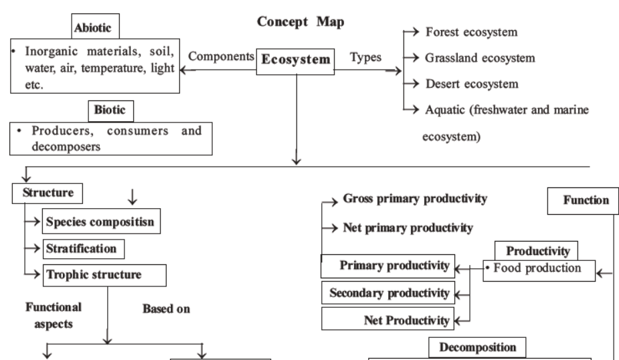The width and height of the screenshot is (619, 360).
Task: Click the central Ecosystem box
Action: pyautogui.click(x=296, y=60)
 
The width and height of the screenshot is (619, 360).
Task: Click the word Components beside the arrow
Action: pyautogui.click(x=220, y=57)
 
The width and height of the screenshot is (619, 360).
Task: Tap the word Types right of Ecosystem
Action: pyautogui.click(x=365, y=57)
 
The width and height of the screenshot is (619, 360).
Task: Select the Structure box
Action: pyautogui.click(x=47, y=193)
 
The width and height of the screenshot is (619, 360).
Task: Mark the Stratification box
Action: pyautogui.click(x=85, y=248)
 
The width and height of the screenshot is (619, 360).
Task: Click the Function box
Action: pyautogui.click(x=581, y=199)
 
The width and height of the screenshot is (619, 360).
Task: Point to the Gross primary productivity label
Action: pyautogui.click(x=414, y=199)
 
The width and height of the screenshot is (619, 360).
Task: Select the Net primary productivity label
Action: pyautogui.click(x=408, y=227)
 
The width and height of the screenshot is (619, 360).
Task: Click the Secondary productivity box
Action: pyautogui.click(x=388, y=292)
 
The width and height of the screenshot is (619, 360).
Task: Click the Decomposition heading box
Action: pyautogui.click(x=477, y=347)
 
